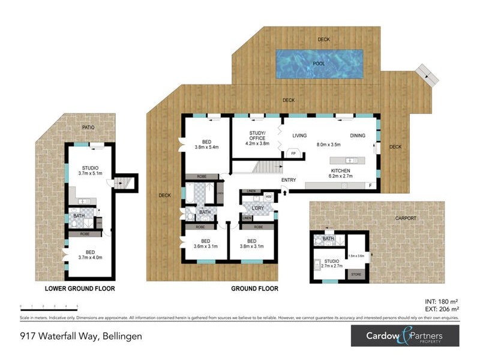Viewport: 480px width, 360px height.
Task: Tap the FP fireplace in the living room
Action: coord(293,154)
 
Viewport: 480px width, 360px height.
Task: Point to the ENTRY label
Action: coord(288,179)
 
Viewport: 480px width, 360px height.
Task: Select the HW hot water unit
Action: coord(268,196)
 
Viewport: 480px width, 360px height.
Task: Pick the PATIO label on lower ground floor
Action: coord(89,128)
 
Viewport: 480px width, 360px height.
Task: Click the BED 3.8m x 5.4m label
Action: coord(206,143)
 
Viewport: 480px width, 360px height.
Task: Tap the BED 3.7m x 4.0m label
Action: coord(90,254)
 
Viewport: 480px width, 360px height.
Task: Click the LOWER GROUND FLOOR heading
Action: coord(80,289)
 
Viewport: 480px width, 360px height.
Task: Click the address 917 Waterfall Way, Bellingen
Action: coord(81,336)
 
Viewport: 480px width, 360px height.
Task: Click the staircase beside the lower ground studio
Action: coord(126,182)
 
